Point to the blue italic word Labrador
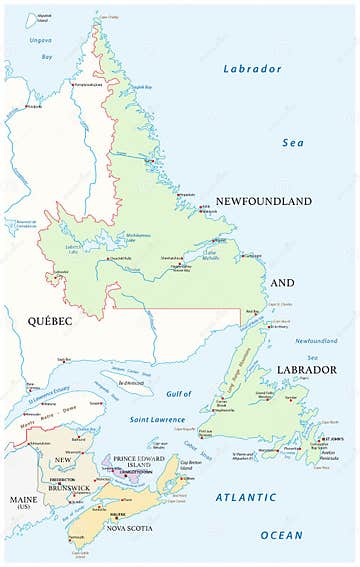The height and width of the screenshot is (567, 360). (x=251, y=69)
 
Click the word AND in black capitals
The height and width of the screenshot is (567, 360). (x=282, y=283)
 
